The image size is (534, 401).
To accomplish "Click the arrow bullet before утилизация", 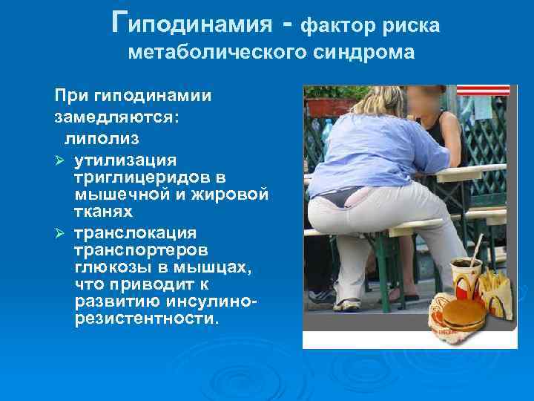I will (x=60, y=159).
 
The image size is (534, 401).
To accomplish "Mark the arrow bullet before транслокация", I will (x=60, y=232).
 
